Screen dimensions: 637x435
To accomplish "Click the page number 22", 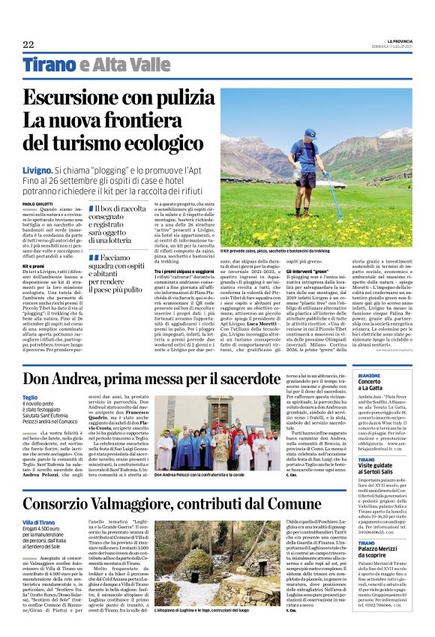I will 28,44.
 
